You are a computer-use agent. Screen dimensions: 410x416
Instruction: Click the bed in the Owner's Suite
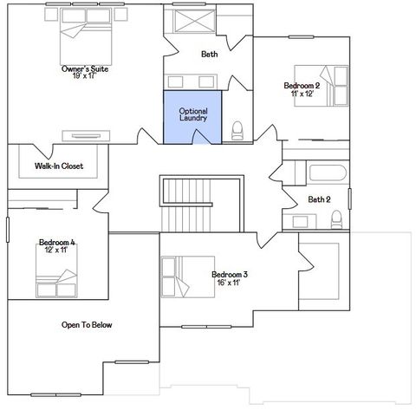[84, 33]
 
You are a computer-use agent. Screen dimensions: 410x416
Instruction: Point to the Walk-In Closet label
[59, 166]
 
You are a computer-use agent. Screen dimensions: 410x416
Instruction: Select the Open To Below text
[86, 325]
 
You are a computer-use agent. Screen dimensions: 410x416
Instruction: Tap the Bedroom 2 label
[302, 85]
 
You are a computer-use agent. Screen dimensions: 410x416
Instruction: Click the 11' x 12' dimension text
[302, 94]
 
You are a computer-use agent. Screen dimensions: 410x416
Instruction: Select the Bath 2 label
[320, 199]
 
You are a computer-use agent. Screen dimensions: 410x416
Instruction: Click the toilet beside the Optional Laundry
[237, 131]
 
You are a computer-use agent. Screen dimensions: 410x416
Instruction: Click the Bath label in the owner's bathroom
[210, 54]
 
